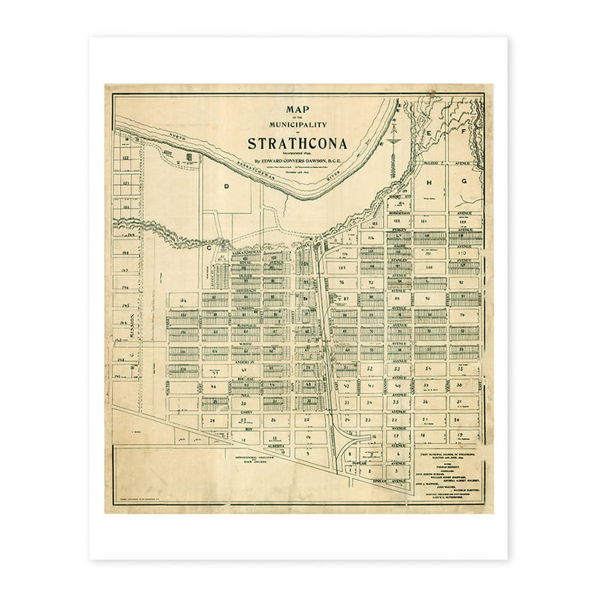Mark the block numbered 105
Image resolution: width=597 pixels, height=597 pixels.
click(341, 268)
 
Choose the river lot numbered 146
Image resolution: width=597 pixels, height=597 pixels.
click(126, 287)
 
